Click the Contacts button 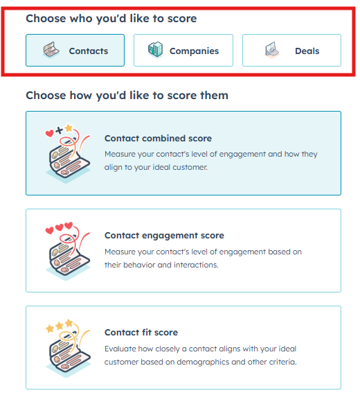75,51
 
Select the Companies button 183,51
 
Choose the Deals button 291,51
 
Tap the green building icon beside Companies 155,49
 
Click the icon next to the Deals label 272,50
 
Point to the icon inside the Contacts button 51,50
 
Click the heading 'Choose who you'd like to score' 111,19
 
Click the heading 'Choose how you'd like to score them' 127,96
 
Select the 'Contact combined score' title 158,139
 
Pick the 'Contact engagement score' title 164,236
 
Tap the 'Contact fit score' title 141,333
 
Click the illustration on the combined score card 68,154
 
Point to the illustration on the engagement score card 68,251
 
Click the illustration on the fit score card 68,348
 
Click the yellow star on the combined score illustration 69,128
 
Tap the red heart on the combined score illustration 49,133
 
